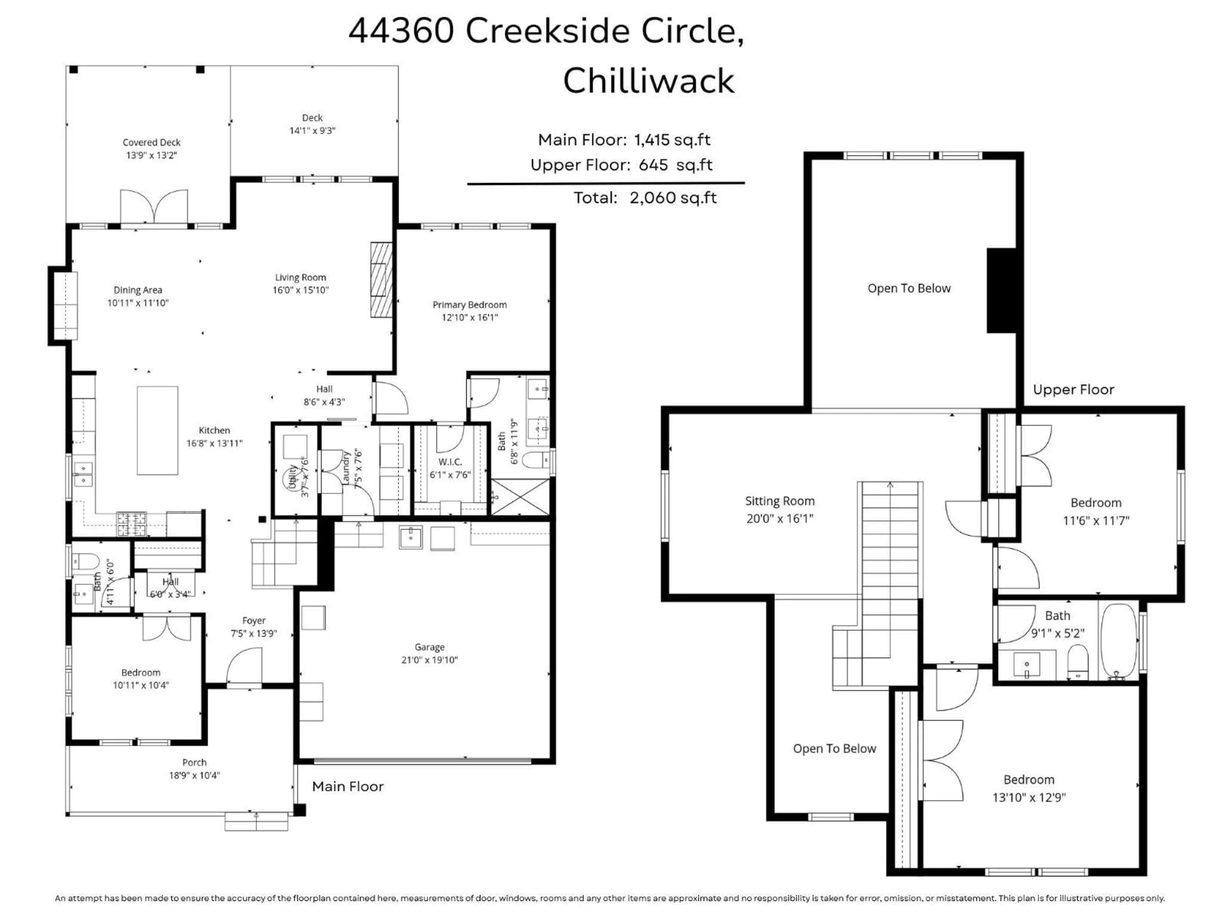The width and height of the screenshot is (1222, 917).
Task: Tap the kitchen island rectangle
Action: [x=158, y=430]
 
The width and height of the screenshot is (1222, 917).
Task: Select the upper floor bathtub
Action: [x=1119, y=641]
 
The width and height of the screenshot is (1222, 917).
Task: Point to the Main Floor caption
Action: [x=348, y=786]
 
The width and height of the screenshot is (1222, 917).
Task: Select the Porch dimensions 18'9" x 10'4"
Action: [x=194, y=775]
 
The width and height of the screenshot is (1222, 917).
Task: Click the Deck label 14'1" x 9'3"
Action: [x=312, y=131]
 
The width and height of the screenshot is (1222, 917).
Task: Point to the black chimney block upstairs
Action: [x=1001, y=290]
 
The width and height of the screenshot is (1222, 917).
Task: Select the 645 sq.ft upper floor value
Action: [x=675, y=165]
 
